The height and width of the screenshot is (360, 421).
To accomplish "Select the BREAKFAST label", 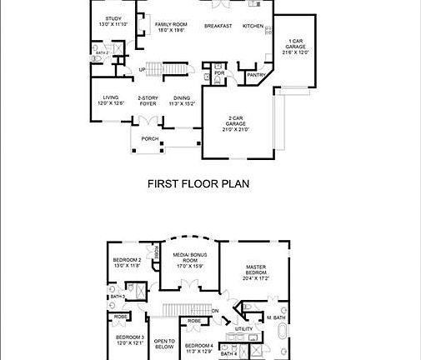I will coord(218,26).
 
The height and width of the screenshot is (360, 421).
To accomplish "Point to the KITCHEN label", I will coord(253,26).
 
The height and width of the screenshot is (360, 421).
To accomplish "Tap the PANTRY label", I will coord(255,76).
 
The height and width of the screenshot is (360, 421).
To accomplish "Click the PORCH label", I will coord(149,138).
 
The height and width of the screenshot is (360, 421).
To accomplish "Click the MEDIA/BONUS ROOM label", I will coord(188,259).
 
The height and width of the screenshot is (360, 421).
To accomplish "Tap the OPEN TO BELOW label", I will coord(164,343).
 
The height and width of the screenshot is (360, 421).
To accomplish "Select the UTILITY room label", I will coord(244,329).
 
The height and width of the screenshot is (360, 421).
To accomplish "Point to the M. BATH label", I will coord(276,317).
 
